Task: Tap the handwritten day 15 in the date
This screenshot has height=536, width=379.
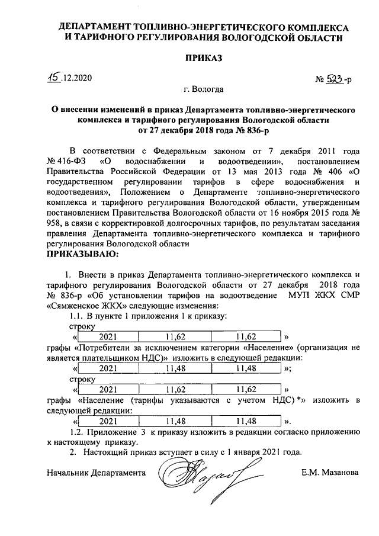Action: pos(54,77)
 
